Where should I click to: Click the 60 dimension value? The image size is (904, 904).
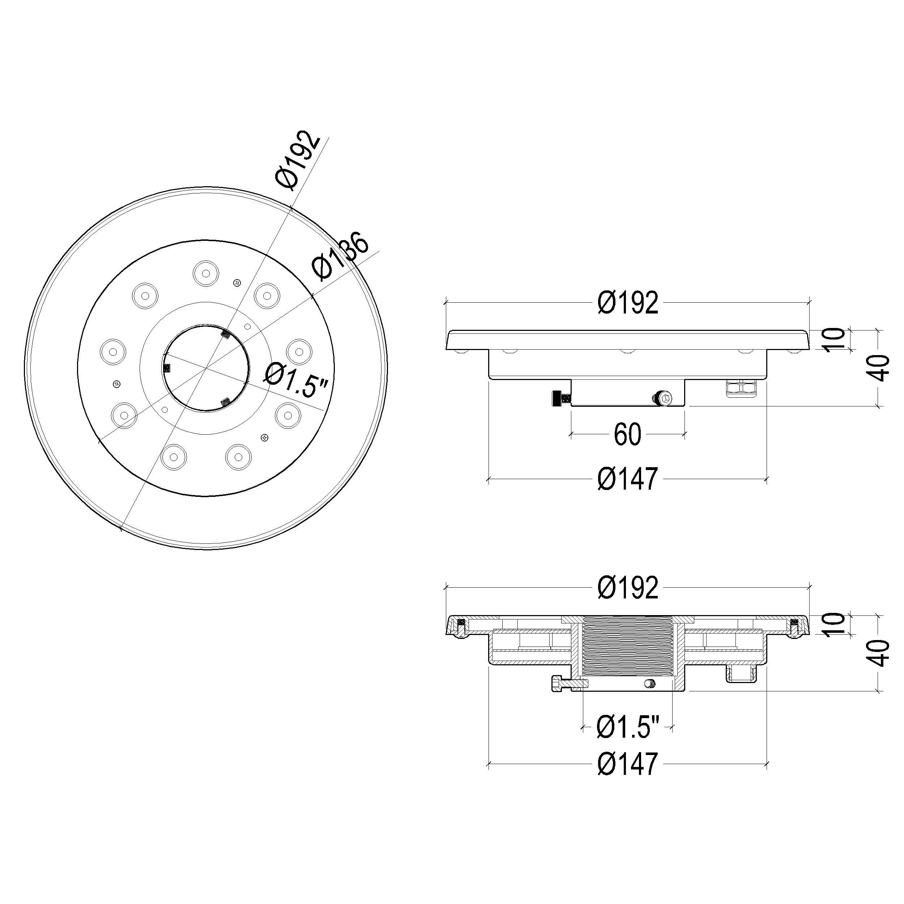[x=627, y=435]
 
